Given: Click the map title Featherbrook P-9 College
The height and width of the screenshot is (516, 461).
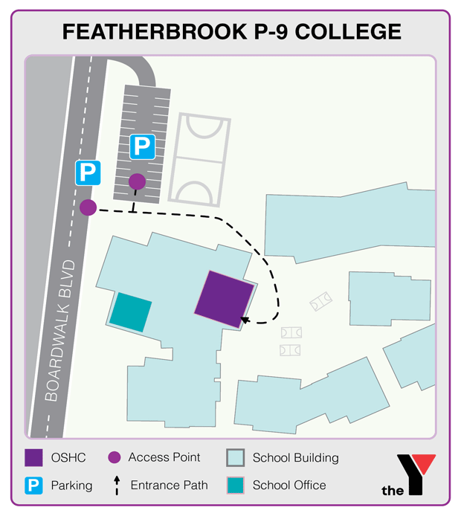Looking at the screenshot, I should [231, 31].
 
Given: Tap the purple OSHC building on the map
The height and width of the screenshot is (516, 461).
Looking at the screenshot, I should [225, 298].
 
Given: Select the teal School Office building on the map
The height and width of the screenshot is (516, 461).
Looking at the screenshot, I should [131, 311].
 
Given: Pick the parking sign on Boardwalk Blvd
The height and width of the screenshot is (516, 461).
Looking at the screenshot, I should [87, 173].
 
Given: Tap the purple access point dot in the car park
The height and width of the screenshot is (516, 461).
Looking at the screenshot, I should [137, 181].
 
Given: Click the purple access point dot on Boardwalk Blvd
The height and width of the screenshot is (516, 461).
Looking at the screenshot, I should [88, 207].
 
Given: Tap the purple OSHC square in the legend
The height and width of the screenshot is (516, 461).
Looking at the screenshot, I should [33, 458].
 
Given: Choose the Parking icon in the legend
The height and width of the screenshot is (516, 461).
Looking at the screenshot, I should [33, 486].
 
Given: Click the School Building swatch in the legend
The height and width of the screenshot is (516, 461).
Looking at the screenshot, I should [235, 458].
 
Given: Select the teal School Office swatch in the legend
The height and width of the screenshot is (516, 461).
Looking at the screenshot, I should [235, 486].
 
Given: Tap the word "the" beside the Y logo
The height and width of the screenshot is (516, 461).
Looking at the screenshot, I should [393, 490].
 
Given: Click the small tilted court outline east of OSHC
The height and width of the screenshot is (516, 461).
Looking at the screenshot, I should [321, 301].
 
